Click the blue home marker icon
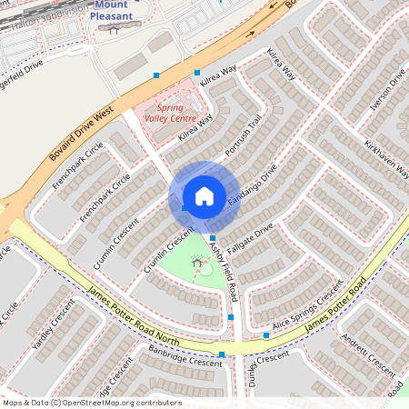[204, 195]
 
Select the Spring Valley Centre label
[171, 112]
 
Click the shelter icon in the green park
[197, 263]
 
